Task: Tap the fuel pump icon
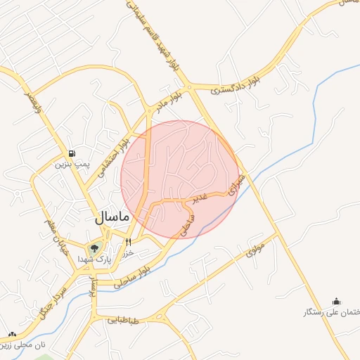point(72,154)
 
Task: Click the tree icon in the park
point(94,247)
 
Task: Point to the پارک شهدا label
point(95,259)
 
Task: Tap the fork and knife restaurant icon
point(129,242)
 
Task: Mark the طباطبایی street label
point(124,321)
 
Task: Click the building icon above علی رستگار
point(336,300)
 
